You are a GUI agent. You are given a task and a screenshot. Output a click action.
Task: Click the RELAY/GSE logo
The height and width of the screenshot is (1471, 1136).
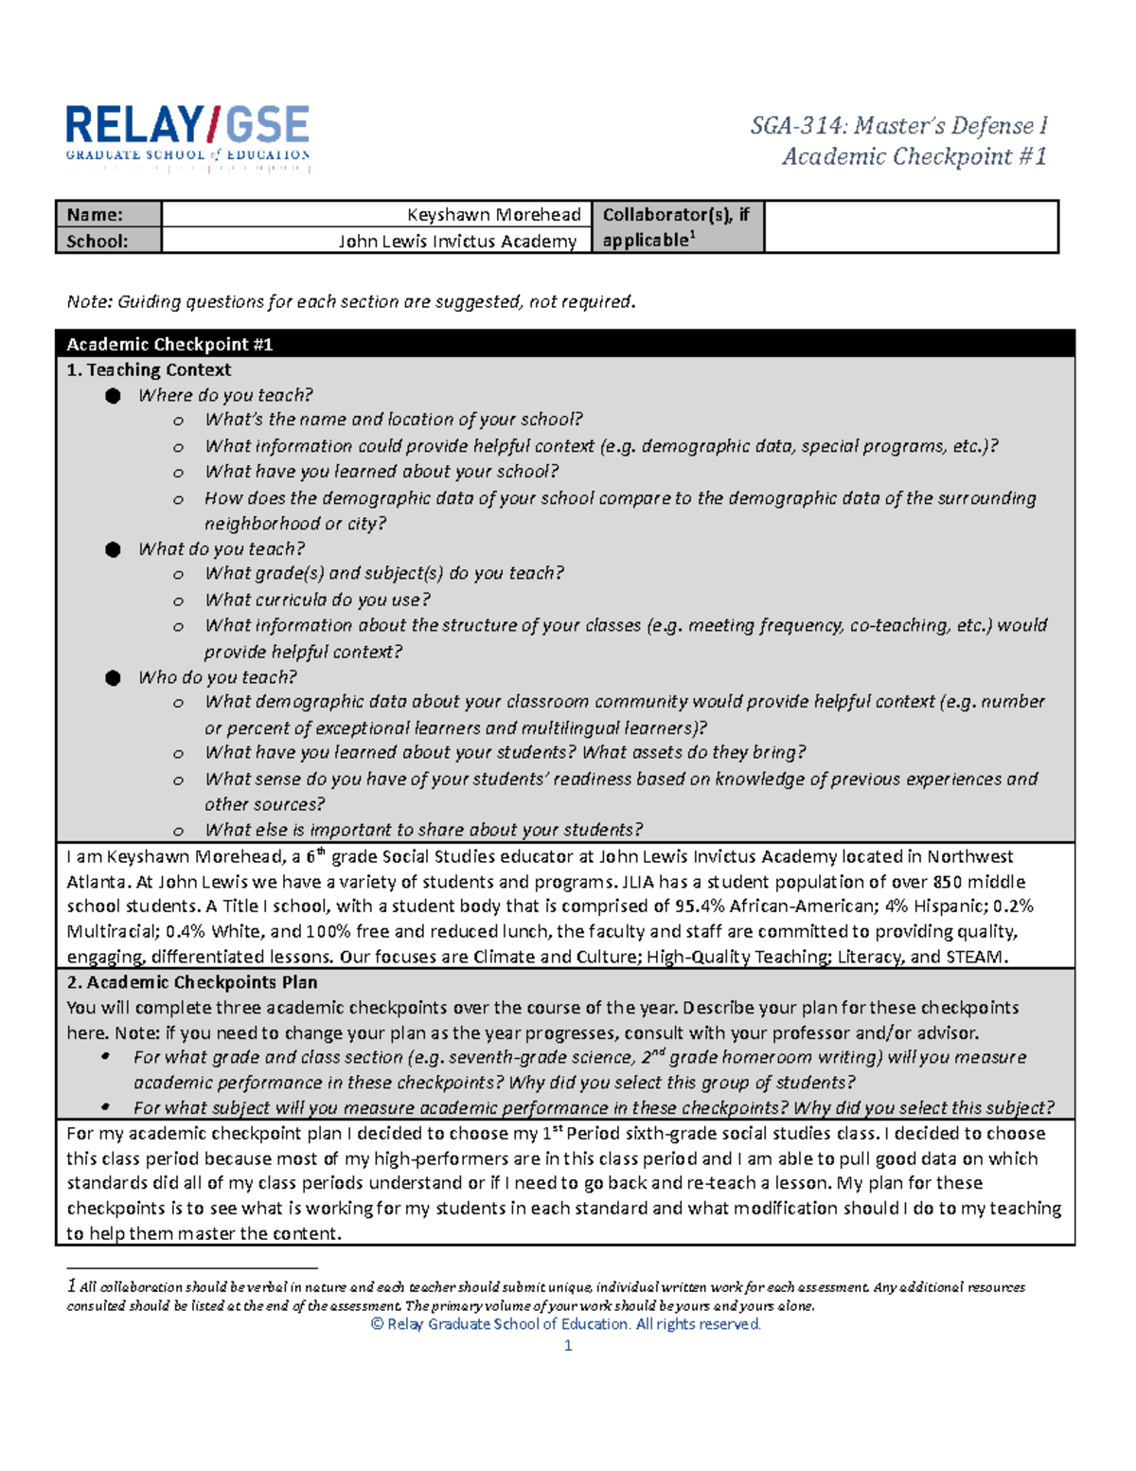pos(187,137)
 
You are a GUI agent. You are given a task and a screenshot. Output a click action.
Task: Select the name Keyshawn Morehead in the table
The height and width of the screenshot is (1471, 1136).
pos(493,215)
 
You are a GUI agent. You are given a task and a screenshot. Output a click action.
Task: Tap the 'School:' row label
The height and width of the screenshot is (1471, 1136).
pos(97,242)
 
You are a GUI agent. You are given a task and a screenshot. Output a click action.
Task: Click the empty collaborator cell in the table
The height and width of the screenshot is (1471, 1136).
pos(910,227)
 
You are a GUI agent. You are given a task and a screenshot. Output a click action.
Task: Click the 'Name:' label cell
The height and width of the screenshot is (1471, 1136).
pos(95,215)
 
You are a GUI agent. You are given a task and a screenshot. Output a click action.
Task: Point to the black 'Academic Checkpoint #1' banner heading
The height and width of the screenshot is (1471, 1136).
pos(169,344)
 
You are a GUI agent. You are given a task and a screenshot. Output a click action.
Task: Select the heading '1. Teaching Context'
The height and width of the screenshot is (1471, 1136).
pos(149,369)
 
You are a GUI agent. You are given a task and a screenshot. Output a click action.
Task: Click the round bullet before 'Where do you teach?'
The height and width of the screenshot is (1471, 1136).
pos(114,396)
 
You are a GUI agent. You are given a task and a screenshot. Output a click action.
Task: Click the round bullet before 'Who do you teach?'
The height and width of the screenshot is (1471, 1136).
pos(114,677)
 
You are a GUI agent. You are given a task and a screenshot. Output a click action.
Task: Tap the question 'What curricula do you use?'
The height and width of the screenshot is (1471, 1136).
pos(317,600)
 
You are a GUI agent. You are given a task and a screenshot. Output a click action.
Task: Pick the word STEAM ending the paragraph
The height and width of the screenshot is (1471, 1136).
pos(975,957)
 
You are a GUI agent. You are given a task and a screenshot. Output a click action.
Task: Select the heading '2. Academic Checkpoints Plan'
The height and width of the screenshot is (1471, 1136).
pos(192,982)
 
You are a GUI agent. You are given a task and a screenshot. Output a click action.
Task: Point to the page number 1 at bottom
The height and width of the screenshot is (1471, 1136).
pos(568,1346)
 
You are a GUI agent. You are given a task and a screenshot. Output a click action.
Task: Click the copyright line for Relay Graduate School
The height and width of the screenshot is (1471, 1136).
pos(566,1324)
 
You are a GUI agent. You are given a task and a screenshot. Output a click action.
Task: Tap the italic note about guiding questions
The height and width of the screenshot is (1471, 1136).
pos(351,302)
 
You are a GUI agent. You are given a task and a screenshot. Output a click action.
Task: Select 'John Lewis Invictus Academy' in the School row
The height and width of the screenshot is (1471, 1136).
pos(457,242)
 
